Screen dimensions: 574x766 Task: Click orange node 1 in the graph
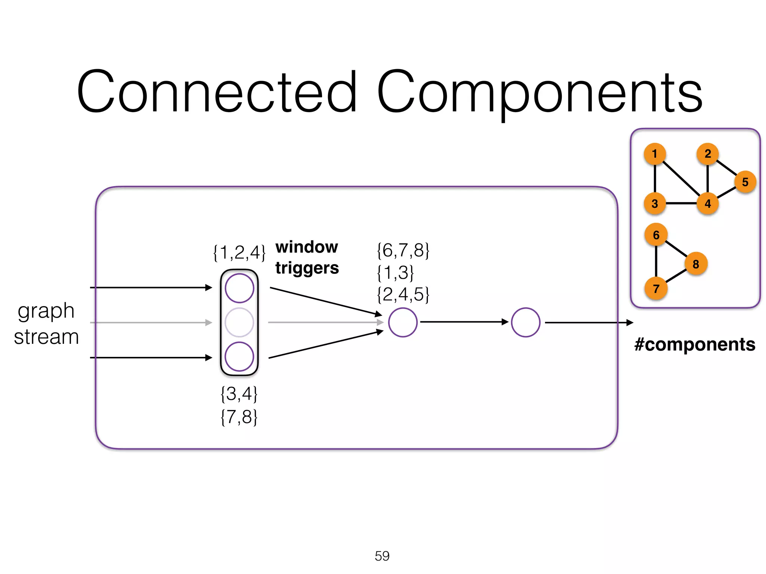click(655, 154)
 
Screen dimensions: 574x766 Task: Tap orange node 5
click(745, 182)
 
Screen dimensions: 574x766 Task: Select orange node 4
click(708, 204)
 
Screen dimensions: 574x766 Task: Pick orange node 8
click(696, 264)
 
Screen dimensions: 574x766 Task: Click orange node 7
click(656, 288)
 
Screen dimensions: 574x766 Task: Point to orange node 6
click(656, 235)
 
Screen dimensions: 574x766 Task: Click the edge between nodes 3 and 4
click(681, 204)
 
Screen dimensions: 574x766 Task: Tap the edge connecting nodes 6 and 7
click(656, 262)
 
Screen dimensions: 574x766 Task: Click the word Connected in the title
click(217, 92)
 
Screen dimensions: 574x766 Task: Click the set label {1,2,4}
click(239, 253)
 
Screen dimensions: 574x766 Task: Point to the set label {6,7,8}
click(403, 250)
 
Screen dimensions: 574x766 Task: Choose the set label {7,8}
click(239, 417)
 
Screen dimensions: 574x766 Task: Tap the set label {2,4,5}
click(403, 294)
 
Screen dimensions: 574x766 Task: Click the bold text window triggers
click(307, 257)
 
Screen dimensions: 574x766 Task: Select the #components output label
click(695, 344)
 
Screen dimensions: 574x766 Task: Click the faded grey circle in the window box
click(239, 323)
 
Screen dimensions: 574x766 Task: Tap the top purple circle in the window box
click(239, 288)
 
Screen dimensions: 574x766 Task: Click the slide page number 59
click(382, 556)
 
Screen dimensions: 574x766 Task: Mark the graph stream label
click(46, 324)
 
